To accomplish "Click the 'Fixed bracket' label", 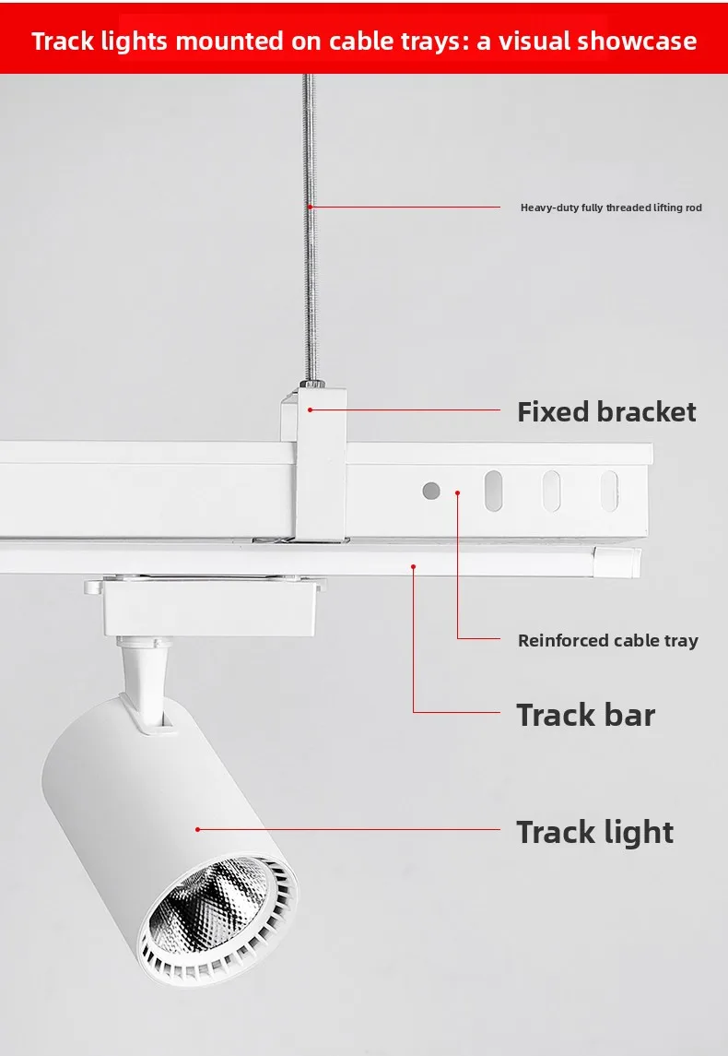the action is (606, 411).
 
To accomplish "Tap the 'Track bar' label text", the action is (585, 715).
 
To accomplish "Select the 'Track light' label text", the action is (594, 833).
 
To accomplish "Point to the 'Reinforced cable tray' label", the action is (607, 640).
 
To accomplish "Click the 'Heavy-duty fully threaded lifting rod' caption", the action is (611, 208).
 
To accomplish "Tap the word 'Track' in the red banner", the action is (63, 42).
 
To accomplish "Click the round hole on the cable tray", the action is (431, 491).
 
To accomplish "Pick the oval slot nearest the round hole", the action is (493, 491).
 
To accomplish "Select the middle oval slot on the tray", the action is (551, 491).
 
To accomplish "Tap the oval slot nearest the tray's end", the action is (609, 491).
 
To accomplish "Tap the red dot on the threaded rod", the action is (310, 207).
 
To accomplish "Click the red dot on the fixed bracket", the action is (311, 409).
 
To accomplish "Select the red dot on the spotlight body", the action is (198, 829).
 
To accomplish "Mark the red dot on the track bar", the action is (414, 566).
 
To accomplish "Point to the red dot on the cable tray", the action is (457, 493).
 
